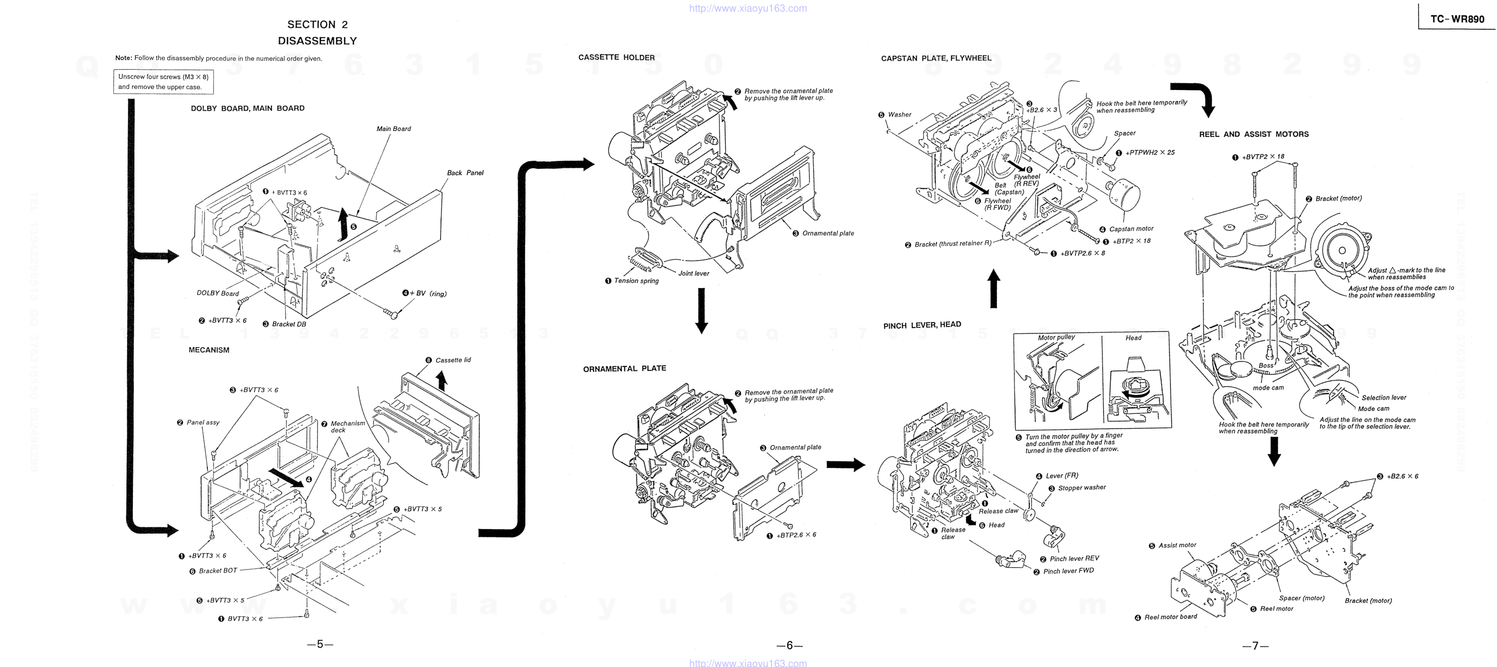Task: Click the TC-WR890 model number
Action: point(1457,19)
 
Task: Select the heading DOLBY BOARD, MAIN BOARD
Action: point(248,108)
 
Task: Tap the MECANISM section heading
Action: point(209,350)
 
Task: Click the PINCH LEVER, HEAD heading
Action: point(922,325)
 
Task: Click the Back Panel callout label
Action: point(465,172)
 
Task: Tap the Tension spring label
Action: point(636,280)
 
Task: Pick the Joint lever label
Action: point(693,273)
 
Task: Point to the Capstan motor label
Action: point(1131,229)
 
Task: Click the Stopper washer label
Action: point(1081,488)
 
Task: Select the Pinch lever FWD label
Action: point(1068,571)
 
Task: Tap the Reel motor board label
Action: point(1170,617)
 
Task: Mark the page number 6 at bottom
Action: point(789,645)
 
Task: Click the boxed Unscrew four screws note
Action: point(163,82)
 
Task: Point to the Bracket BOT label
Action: point(218,570)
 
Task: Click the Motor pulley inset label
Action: point(1056,338)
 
